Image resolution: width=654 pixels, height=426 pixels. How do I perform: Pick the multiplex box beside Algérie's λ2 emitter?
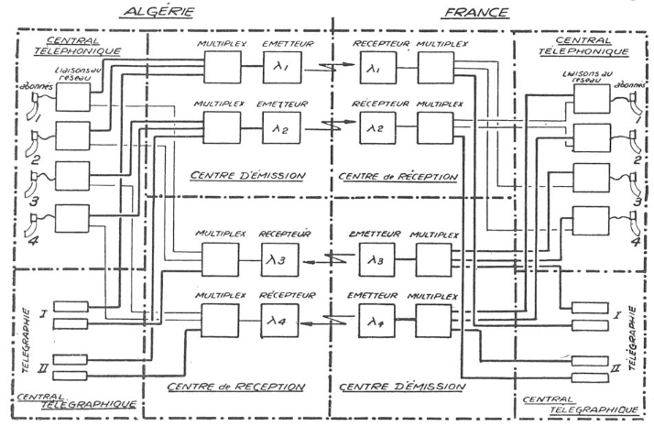[x=222, y=127]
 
